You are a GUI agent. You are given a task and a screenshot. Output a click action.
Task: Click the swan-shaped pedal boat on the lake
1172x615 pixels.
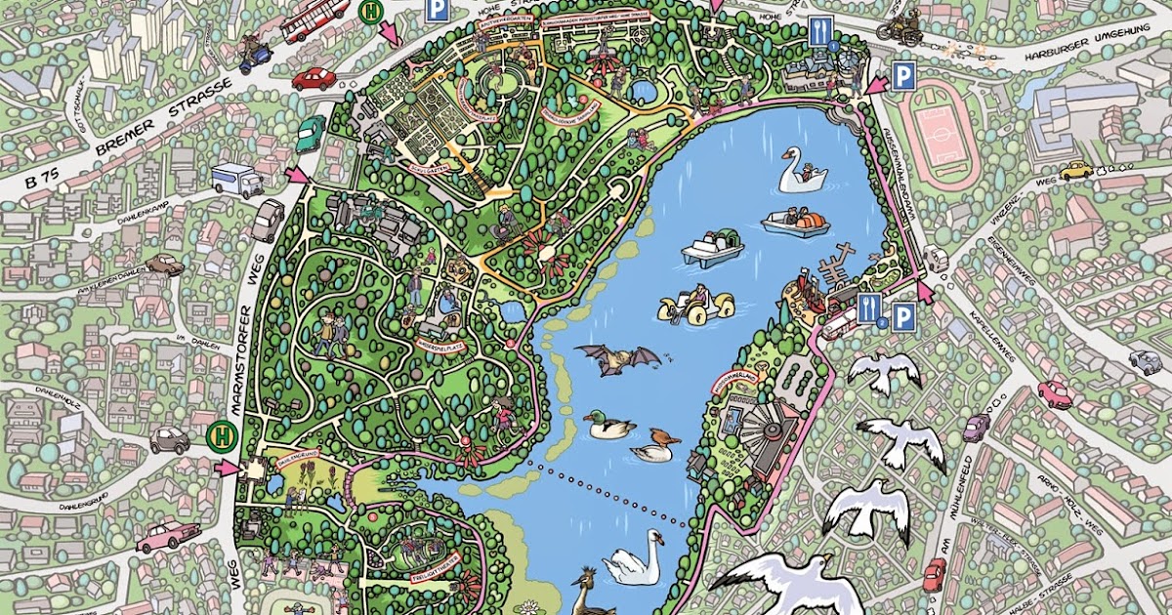point(801,173)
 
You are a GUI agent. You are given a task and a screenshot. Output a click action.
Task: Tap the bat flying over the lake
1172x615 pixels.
point(615,359)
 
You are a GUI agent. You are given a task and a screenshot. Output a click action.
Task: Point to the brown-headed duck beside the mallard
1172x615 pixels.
point(655,445)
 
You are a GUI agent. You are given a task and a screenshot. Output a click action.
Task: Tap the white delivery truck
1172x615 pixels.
point(236,180)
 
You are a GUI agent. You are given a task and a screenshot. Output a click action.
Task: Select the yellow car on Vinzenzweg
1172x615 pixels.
point(1076,170)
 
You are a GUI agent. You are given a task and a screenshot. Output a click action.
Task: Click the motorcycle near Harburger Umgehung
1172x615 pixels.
point(899,28)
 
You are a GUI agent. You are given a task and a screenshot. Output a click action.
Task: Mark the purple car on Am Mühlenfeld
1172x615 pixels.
point(977,427)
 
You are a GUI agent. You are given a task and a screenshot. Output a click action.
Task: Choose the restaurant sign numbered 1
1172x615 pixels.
point(819,35)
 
